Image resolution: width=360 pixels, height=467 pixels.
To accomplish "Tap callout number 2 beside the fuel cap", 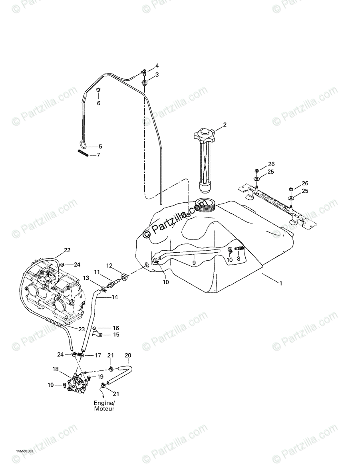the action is [x=225, y=125].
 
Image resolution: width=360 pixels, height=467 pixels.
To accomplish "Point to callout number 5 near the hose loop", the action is [x=100, y=146].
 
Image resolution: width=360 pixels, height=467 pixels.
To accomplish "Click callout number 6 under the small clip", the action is [x=99, y=103].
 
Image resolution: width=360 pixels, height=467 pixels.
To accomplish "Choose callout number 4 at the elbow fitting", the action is [x=146, y=65].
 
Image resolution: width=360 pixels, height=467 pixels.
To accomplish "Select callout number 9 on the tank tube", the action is [x=193, y=263].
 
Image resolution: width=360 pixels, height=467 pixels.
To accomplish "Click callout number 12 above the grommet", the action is [x=109, y=265].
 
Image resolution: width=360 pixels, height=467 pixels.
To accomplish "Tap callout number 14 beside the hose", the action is [x=115, y=297].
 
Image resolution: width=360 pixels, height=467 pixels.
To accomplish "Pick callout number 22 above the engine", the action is [x=67, y=250].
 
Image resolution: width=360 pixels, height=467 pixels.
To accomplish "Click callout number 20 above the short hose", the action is [x=128, y=355].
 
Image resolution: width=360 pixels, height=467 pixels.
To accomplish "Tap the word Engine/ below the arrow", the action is [x=104, y=403].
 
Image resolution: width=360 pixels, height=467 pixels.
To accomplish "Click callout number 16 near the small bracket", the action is [x=116, y=328].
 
